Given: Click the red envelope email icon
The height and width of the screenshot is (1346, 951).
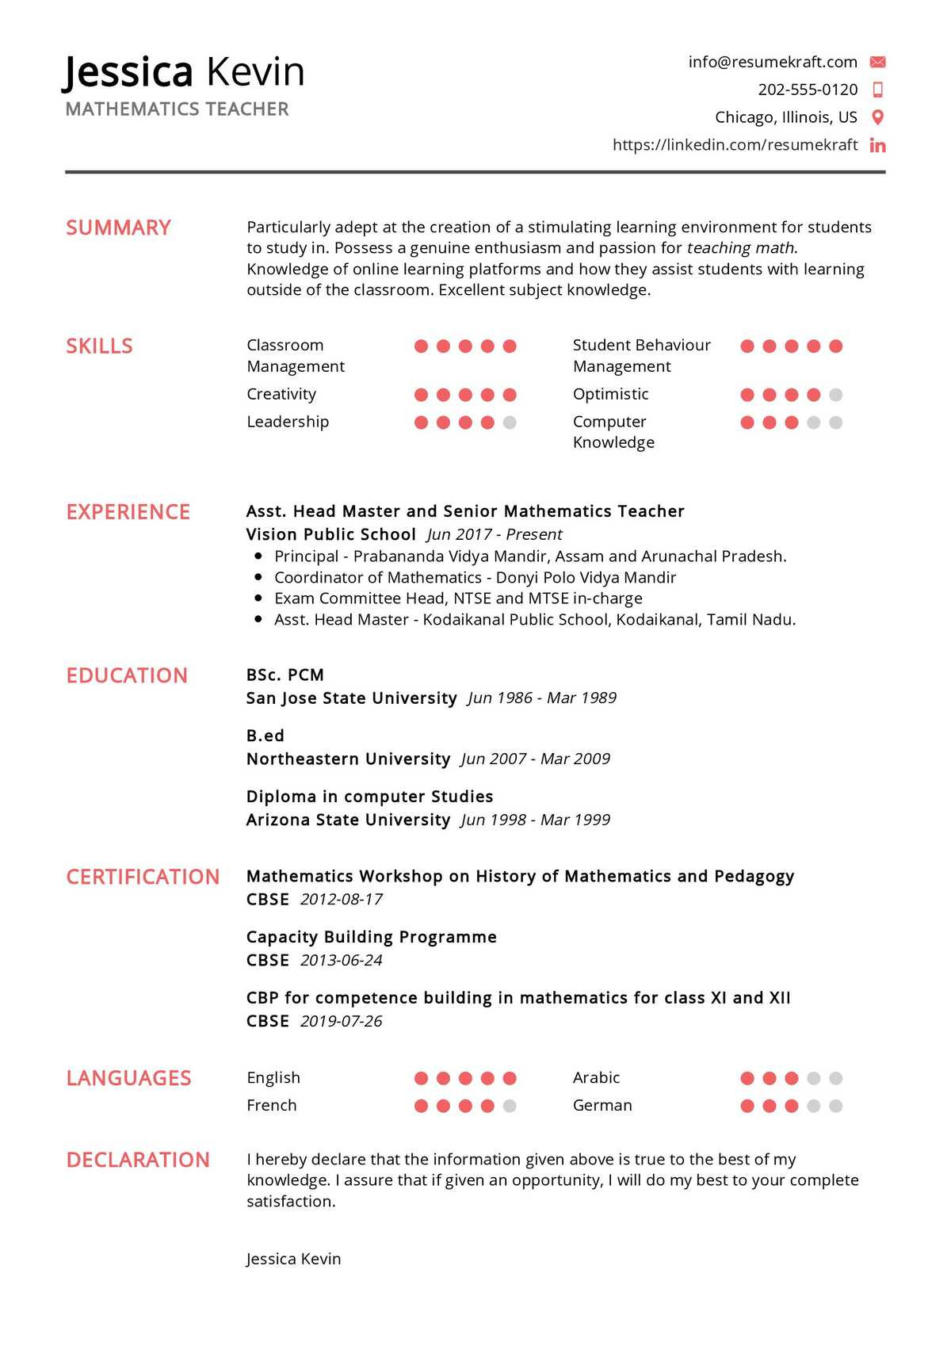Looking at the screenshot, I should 877,62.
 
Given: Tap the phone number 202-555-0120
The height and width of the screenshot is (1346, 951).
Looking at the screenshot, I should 808,90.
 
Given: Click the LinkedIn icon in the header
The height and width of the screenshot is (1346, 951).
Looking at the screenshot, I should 877,145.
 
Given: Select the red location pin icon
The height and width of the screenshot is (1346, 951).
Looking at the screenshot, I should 877,117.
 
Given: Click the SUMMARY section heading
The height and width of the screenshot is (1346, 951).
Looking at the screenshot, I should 118,228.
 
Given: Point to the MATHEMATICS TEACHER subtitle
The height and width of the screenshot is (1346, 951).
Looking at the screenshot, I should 177,109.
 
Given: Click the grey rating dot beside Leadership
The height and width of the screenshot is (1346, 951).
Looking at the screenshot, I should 510,423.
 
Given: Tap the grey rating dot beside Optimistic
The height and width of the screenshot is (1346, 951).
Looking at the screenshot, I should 835,395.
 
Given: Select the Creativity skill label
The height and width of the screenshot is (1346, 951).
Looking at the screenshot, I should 281,394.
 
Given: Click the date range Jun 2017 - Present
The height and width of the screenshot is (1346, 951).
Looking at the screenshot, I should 495,534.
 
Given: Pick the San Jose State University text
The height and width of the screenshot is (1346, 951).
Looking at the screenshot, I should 351,698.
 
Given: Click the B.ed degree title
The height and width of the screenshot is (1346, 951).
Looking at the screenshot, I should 265,736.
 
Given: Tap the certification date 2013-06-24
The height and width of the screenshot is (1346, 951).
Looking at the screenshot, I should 342,961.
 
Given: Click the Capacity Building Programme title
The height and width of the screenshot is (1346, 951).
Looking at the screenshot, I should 372,937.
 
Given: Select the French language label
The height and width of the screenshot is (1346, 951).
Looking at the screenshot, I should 272,1105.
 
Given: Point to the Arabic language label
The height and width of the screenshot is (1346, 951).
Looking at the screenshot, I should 596,1077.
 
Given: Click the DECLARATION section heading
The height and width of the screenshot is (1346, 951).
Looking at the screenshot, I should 138,1160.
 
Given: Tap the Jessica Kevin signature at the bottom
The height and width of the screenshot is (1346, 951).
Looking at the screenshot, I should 293,1259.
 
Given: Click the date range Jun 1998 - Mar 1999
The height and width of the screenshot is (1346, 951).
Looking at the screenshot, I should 536,820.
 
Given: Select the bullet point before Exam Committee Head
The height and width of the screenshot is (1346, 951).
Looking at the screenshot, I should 258,598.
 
